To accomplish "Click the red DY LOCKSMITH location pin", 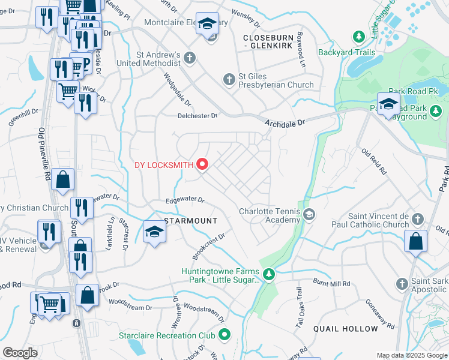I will pos(202,164).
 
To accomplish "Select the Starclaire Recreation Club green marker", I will pos(225,334).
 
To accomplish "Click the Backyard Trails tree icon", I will pos(359,37).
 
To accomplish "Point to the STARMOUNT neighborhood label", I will pos(191,221).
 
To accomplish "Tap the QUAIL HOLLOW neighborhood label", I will pos(346,329).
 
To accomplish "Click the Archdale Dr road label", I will pos(285,122).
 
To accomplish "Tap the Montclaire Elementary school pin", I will pos(208,25).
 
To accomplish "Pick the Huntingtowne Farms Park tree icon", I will pos(270,275).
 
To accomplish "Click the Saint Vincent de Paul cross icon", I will pos(418,220).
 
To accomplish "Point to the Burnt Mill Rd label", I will pos(331,281).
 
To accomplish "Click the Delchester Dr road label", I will pos(197,116).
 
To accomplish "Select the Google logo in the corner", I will pos(20,352).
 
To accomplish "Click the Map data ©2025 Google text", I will pos(412,355).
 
